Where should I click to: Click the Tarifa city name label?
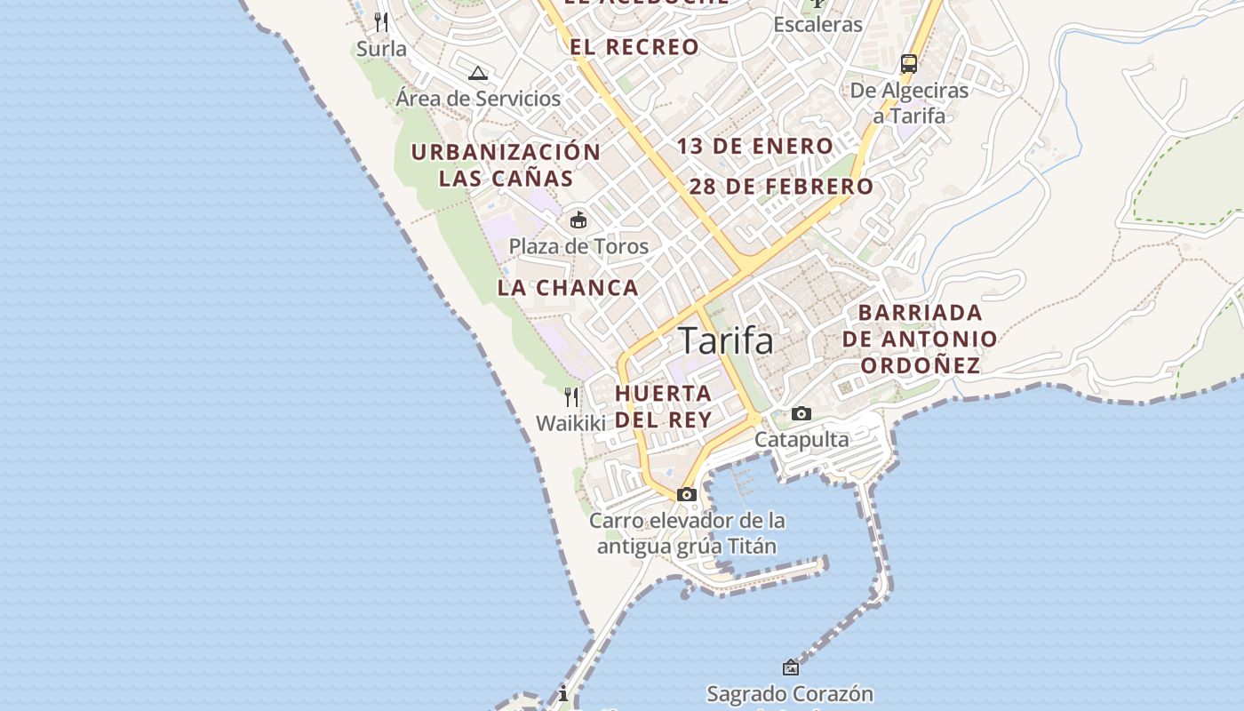coord(725,340)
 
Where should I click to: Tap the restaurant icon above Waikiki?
coord(571,396)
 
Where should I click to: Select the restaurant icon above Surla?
coord(381,21)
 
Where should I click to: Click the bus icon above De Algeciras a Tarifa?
coord(908,63)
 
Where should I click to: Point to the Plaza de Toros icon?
coord(578,220)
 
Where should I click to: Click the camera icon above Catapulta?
coord(801,413)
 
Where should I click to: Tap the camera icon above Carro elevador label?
coord(686,494)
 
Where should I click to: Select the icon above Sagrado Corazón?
coord(790,667)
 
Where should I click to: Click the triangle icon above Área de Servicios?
coord(478,73)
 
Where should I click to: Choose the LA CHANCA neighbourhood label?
coord(568,288)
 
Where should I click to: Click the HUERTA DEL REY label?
coord(663,406)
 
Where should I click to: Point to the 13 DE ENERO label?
coord(755,147)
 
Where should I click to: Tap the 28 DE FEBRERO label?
coord(781,187)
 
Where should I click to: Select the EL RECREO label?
coord(634,47)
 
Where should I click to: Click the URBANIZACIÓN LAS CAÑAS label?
coord(506,165)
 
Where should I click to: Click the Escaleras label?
coord(817,24)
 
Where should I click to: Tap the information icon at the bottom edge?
coord(562,693)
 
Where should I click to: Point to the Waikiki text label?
coord(570,423)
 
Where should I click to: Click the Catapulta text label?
coord(801,440)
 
